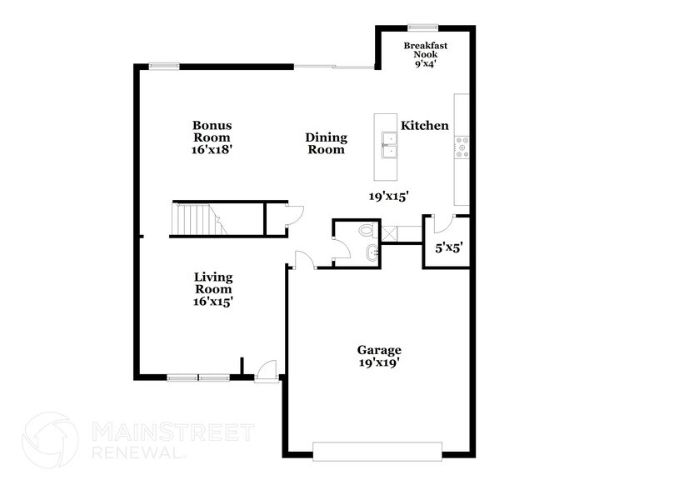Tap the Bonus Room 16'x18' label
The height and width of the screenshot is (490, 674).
212,137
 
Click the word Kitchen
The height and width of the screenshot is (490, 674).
425,126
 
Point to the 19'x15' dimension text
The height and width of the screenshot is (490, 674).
388,197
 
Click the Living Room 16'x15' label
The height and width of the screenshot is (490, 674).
213,289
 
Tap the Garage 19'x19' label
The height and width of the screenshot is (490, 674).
379,356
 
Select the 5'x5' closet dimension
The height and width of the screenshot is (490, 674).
448,247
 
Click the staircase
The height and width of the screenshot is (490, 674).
197,219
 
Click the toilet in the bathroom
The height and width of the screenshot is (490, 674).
367,230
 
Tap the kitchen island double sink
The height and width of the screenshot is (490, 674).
387,144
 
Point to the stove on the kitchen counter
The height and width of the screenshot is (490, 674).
462,148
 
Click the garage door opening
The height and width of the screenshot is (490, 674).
377,451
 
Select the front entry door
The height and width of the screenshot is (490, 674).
267,371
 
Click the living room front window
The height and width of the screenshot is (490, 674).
198,377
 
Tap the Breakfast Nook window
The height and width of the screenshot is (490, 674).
422,26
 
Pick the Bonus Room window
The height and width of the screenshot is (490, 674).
164,66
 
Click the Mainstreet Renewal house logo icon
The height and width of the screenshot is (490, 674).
52,440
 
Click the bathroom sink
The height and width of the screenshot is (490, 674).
372,252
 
